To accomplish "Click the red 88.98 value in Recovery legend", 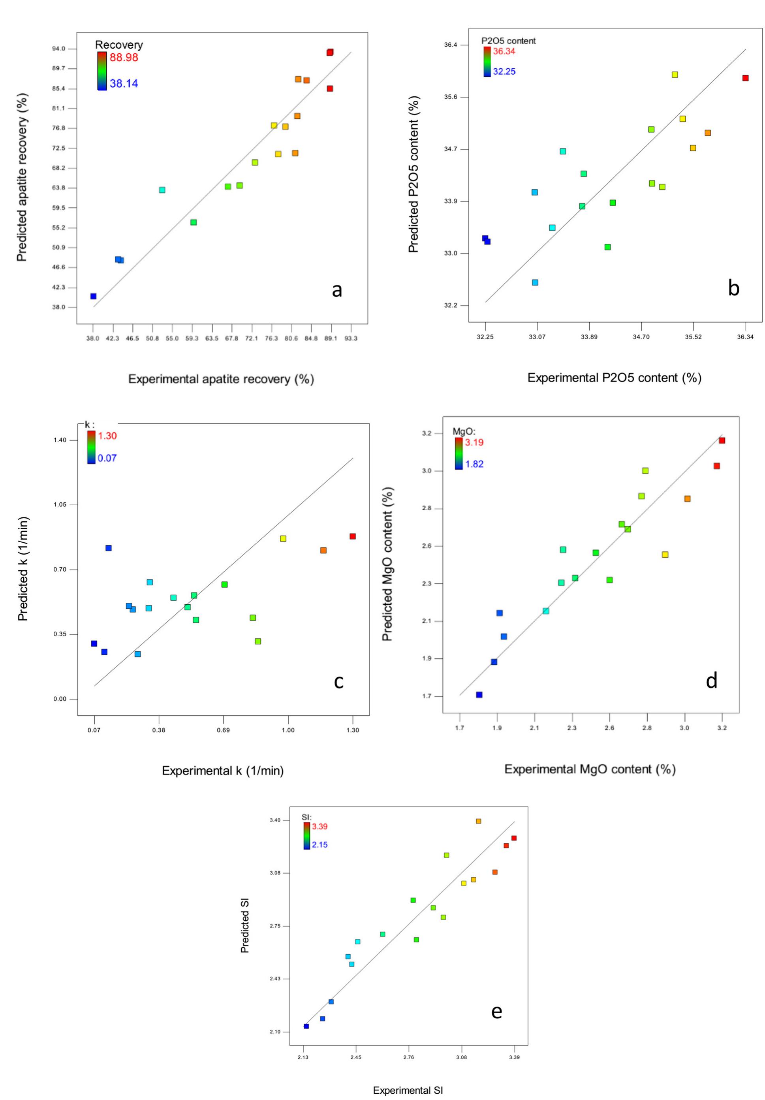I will pos(124,58).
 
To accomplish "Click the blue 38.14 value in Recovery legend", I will pos(124,83).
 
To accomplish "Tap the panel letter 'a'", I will pos(337,290).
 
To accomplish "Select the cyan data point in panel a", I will pos(162,190).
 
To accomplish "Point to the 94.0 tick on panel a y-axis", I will pos(59,49).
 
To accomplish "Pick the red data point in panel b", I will pos(745,78).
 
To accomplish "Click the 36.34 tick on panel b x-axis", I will pos(745,337).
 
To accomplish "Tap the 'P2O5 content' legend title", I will pos(508,41).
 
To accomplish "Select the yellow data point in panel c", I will pos(283,538).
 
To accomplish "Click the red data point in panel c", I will pos(353,536).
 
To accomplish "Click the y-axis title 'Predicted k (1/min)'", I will pos(23,569).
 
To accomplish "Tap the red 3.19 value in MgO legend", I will pos(474,442).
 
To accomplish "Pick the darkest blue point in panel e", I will pos(306,1026).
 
